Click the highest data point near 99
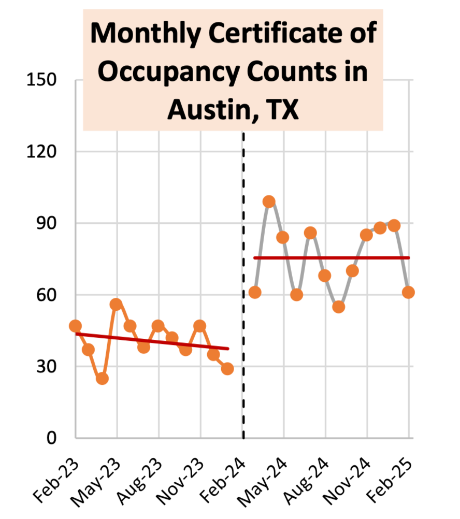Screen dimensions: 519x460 tap(269, 201)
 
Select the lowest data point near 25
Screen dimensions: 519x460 tap(102, 379)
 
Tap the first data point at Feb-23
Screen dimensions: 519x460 tap(75, 326)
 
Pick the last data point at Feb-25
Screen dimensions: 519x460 tap(408, 292)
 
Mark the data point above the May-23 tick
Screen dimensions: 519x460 tap(116, 304)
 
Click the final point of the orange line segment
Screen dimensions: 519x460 tap(227, 369)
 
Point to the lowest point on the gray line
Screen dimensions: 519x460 tap(338, 307)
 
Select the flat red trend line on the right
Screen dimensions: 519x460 tap(332, 257)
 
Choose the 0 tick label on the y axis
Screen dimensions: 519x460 tap(51, 438)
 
